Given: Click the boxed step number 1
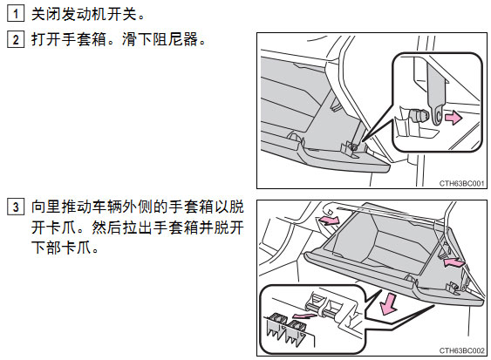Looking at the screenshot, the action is click(16, 14).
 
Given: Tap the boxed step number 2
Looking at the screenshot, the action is click(16, 40).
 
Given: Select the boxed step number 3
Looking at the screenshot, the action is click(16, 207).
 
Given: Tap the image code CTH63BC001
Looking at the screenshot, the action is click(461, 183).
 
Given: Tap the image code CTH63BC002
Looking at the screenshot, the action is click(461, 350).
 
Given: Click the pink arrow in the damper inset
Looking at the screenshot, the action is click(453, 118).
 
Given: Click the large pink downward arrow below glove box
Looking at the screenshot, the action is click(388, 303).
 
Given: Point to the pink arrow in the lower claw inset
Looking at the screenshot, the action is click(304, 316).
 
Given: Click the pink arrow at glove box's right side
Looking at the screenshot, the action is click(453, 262).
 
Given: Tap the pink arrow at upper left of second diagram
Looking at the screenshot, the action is click(329, 220).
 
